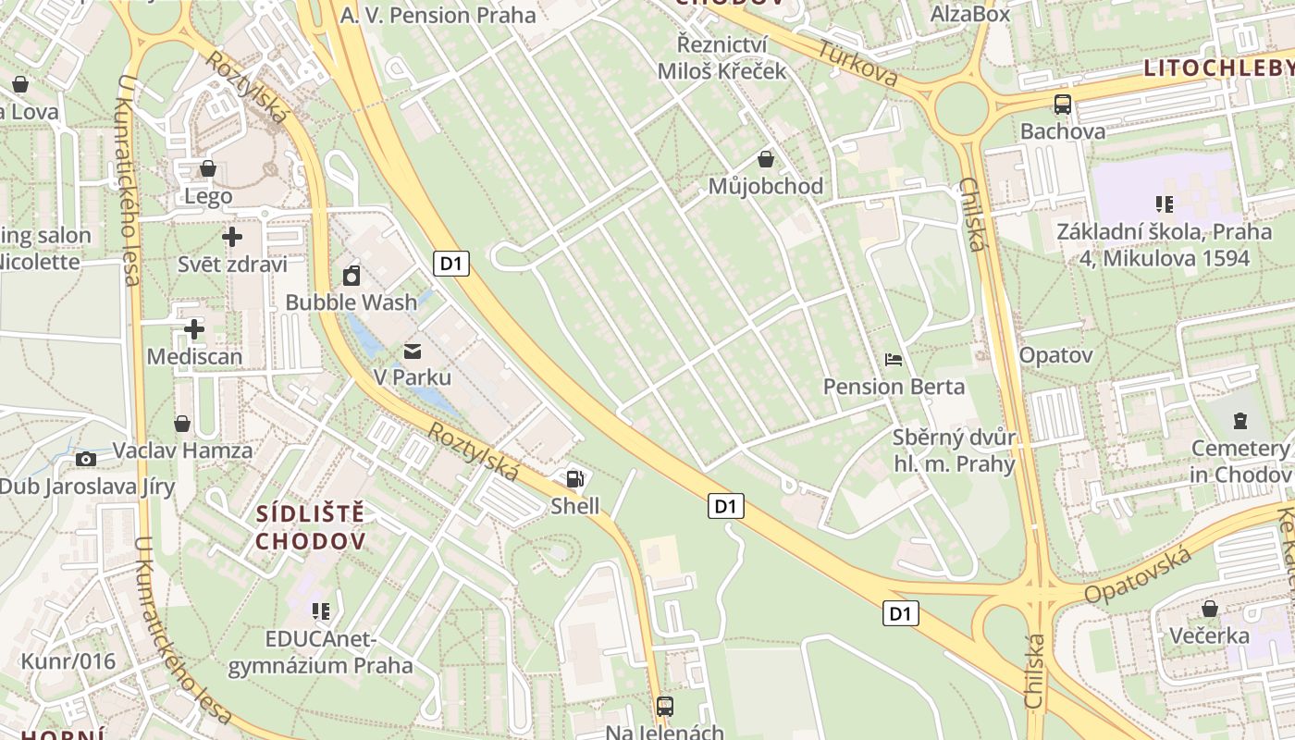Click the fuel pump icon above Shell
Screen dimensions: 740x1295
click(574, 478)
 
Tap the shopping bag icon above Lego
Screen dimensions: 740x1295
click(208, 168)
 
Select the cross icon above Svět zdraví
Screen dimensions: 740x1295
click(232, 237)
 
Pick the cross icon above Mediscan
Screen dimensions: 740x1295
click(194, 329)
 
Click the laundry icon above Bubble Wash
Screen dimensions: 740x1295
click(351, 276)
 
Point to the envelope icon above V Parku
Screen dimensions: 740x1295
click(412, 351)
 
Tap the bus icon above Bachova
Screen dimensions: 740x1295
click(1063, 105)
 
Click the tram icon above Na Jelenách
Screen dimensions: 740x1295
click(664, 707)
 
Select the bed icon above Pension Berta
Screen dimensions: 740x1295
click(894, 359)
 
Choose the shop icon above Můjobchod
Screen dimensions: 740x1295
click(765, 159)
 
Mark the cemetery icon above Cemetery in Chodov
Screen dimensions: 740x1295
click(1239, 421)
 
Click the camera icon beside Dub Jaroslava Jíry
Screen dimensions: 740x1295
click(86, 459)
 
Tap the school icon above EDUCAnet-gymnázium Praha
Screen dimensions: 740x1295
click(321, 610)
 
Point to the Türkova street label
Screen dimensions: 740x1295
click(857, 63)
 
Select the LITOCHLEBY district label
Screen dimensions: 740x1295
click(1218, 68)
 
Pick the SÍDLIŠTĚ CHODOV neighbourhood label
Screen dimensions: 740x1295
click(311, 527)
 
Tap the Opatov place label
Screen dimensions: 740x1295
click(1055, 355)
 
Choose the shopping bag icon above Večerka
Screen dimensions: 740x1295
click(1209, 609)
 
